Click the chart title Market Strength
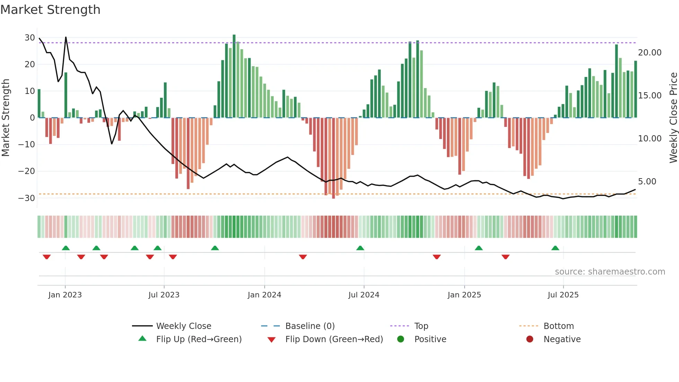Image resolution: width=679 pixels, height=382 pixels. pyautogui.click(x=50, y=10)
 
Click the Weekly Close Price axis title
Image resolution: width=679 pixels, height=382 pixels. pyautogui.click(x=673, y=118)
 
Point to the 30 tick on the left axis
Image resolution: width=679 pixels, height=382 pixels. pyautogui.click(x=30, y=37)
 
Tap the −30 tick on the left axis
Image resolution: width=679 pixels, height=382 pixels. pyautogui.click(x=27, y=198)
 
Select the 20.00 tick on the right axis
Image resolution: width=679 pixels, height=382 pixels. pyautogui.click(x=650, y=53)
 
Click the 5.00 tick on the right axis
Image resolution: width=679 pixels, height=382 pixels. pyautogui.click(x=647, y=182)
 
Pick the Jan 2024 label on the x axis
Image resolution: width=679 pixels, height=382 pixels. pyautogui.click(x=264, y=295)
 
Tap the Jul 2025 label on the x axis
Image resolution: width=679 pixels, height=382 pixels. pyautogui.click(x=563, y=295)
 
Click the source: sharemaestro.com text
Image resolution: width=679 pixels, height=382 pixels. pyautogui.click(x=610, y=272)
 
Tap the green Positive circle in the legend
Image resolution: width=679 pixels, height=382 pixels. pyautogui.click(x=401, y=339)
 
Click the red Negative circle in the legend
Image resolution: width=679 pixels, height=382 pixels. pyautogui.click(x=530, y=339)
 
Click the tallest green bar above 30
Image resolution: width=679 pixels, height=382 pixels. pyautogui.click(x=234, y=76)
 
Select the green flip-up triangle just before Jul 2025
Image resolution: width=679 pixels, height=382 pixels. pyautogui.click(x=555, y=248)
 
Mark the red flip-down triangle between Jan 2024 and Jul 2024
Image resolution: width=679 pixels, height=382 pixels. pyautogui.click(x=303, y=257)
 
